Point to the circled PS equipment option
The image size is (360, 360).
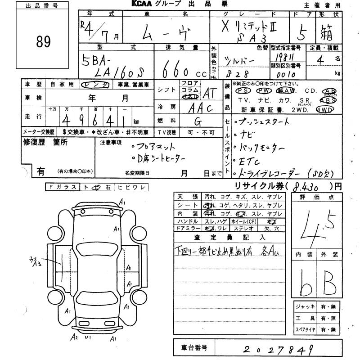tap(241, 90)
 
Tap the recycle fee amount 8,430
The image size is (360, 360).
tap(306, 185)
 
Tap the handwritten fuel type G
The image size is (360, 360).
tap(197, 121)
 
